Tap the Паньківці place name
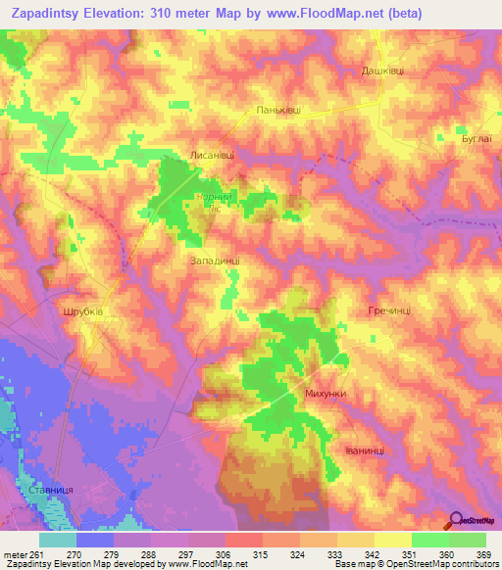[276, 111]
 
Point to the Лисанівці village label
[212, 155]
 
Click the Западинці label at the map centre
[214, 261]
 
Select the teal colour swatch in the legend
[58, 539]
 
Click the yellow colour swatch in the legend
[392, 539]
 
